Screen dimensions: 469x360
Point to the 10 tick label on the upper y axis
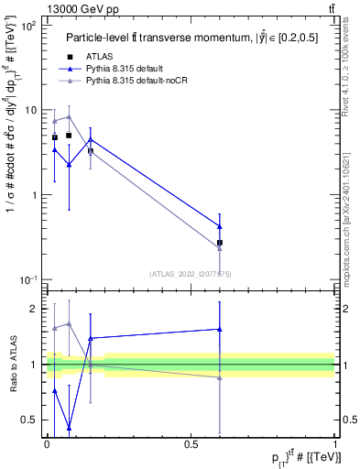(32, 110)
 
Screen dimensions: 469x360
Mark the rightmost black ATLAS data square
(220, 243)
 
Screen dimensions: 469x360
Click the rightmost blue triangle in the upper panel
(220, 225)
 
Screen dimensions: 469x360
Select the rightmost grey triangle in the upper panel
(220, 248)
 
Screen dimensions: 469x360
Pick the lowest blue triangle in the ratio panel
(70, 427)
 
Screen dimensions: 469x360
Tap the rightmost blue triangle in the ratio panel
(220, 329)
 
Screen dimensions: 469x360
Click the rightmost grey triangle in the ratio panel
(220, 377)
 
